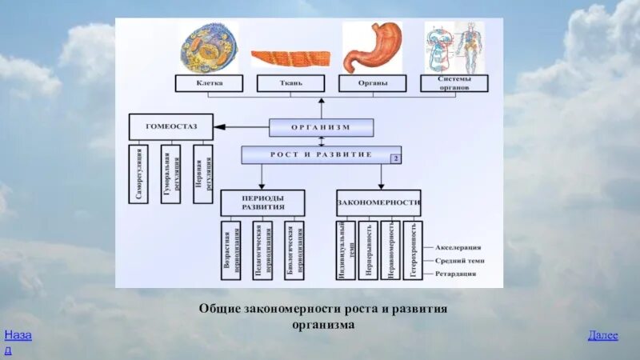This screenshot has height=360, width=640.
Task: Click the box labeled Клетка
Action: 209,83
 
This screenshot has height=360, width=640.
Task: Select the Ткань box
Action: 290,83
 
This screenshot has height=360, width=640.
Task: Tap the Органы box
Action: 372,83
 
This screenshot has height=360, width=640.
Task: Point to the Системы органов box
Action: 454,83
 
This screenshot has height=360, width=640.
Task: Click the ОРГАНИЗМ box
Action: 321,127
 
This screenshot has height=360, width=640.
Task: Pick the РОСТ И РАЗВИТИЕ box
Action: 321,154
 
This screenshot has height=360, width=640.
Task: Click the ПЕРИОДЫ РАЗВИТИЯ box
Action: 262,202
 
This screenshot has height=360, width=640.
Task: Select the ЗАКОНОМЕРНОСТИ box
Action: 379,202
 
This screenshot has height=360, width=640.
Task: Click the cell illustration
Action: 208,47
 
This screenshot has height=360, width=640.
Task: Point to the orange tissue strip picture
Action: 290,58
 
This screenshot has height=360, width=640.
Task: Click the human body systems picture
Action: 454,47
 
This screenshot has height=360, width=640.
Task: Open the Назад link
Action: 17,341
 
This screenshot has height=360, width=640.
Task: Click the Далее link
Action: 602,335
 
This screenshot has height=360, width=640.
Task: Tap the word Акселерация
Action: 459,247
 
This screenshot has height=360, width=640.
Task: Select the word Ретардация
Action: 456,274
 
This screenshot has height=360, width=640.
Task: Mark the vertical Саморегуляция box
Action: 138,174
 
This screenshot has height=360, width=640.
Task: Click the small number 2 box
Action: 395,159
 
